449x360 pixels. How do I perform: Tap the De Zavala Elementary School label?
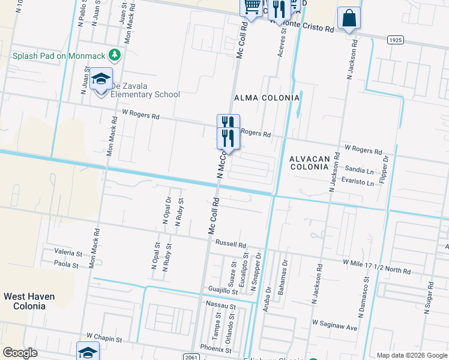(x=145, y=90)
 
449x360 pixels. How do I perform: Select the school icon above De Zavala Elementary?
(x=101, y=79)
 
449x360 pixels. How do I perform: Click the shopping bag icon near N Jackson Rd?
(x=348, y=19)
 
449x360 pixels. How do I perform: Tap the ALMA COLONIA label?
(x=267, y=98)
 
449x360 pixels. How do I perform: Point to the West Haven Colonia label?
(x=29, y=301)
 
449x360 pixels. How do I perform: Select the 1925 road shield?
(x=395, y=40)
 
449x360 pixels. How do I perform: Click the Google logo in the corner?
(x=20, y=353)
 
